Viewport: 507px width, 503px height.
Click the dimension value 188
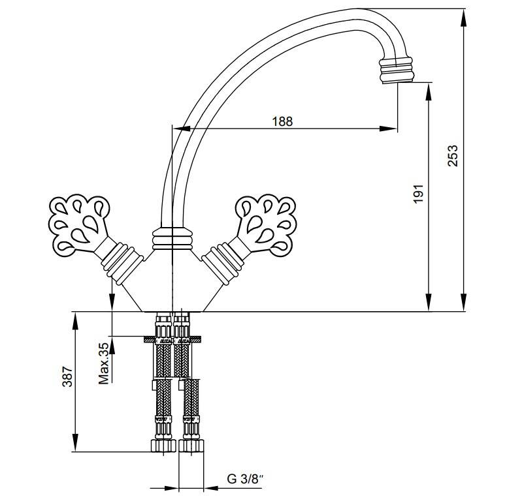(x=282, y=121)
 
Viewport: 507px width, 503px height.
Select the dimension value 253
(x=453, y=156)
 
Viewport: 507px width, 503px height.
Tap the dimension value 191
(x=418, y=194)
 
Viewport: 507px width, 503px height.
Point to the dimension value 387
(x=67, y=376)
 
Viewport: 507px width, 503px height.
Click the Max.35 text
(x=104, y=363)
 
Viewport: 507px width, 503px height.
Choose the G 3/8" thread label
(x=246, y=479)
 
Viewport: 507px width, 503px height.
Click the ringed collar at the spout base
(x=172, y=239)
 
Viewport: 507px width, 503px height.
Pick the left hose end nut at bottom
(x=163, y=446)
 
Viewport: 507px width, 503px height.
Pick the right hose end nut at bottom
(x=191, y=446)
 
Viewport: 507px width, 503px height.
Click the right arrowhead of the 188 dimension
(x=388, y=129)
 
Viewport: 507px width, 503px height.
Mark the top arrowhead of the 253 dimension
(x=464, y=18)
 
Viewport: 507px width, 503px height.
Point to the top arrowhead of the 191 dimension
(x=429, y=92)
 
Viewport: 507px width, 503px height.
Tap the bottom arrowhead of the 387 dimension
(x=75, y=442)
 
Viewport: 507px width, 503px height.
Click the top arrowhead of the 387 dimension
(x=75, y=321)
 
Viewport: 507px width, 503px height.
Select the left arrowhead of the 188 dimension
(x=182, y=129)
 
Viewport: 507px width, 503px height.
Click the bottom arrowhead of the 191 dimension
(x=429, y=302)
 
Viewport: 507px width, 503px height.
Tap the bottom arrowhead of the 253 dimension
(x=464, y=302)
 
